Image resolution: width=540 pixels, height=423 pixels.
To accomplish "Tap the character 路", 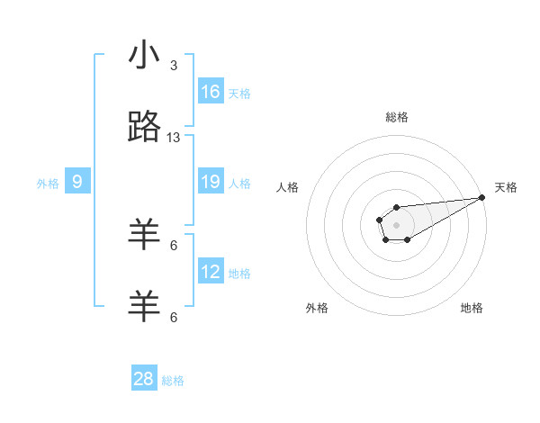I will point(144,128).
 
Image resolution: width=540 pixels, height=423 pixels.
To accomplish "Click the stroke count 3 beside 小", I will point(174,66).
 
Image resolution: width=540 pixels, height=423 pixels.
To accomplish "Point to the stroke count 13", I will point(174,138).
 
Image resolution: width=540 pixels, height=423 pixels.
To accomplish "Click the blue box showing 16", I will point(211,92).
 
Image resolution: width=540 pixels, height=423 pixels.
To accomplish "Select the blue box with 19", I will point(211,182).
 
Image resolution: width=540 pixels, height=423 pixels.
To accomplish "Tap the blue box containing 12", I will point(211,272).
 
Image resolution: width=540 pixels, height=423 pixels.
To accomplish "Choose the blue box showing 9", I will point(77,182).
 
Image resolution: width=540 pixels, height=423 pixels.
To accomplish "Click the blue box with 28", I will point(144,379).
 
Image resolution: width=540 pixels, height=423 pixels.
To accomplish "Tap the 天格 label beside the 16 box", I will point(239,93).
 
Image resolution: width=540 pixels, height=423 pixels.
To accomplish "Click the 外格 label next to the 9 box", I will point(48,183).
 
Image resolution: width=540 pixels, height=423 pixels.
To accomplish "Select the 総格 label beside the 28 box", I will point(173,380).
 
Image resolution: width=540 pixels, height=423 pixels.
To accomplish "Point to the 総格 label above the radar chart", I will point(396,117).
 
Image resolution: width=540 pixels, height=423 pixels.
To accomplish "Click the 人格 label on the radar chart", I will point(287,187).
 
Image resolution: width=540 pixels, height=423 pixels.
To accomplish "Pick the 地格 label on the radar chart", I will point(472,308).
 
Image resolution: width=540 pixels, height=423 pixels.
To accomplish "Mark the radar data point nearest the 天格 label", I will point(481,197).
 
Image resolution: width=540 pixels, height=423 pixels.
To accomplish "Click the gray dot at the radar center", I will point(396,224).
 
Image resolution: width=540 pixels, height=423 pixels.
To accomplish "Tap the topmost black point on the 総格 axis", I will point(396,208).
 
